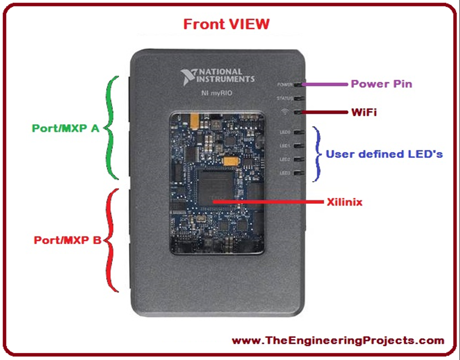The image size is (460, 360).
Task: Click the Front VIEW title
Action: pyautogui.click(x=226, y=23)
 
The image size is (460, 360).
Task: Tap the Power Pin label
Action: pyautogui.click(x=381, y=84)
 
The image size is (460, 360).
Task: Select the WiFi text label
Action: pyautogui.click(x=364, y=112)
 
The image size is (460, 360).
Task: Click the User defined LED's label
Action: pyautogui.click(x=384, y=154)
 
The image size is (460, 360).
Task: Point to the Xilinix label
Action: pyautogui.click(x=345, y=202)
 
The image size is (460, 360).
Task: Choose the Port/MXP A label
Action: pyautogui.click(x=66, y=128)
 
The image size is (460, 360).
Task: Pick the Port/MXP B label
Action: pyautogui.click(x=67, y=240)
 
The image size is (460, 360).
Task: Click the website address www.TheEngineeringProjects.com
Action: pyautogui.click(x=338, y=341)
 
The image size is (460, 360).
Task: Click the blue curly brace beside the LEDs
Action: pyautogui.click(x=318, y=154)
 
